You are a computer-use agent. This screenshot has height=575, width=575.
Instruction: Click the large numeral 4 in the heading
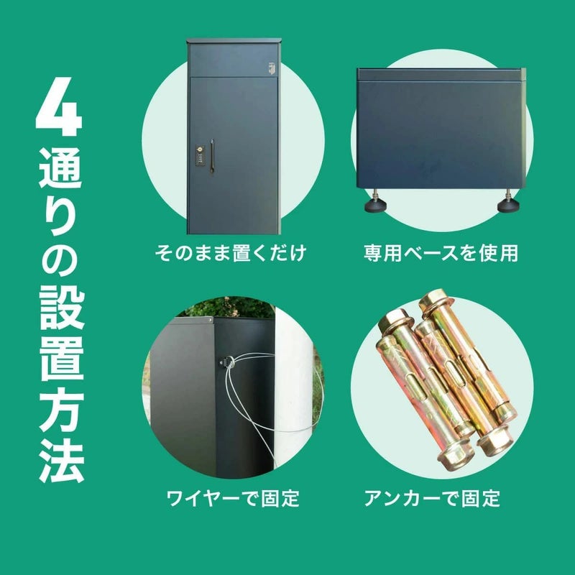pos(59,106)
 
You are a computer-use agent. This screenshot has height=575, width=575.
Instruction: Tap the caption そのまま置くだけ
pos(231,253)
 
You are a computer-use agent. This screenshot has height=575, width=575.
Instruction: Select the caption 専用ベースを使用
pos(441,253)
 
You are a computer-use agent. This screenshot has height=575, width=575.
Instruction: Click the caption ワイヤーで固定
pos(233,498)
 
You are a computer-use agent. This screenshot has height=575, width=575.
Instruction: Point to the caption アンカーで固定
pos(432,498)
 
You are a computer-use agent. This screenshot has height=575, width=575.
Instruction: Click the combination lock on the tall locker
pos(200,155)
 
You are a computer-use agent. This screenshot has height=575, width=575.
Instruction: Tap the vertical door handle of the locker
pos(212,156)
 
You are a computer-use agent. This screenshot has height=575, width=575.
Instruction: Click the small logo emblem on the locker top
pos(272,68)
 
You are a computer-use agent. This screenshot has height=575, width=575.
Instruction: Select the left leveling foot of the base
pos(374,201)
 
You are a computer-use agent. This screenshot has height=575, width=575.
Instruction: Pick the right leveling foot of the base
pos(509,201)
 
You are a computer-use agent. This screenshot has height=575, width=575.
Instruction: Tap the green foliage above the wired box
pos(229,308)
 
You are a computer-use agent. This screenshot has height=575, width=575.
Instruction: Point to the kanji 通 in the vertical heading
pos(60,167)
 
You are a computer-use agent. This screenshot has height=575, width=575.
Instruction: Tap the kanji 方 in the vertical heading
pos(62,410)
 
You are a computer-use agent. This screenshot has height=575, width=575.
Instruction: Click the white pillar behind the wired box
pos(293,389)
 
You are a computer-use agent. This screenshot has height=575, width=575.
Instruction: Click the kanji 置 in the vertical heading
pos(62,358)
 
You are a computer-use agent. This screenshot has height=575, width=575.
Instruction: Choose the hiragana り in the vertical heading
pos(60,213)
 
